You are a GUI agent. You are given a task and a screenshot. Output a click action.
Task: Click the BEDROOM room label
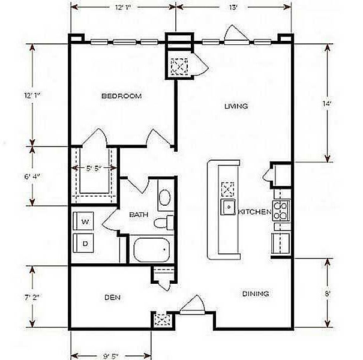[121, 96]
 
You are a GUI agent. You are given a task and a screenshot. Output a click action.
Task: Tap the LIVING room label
[236, 106]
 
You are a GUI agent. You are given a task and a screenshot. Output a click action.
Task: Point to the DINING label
[255, 294]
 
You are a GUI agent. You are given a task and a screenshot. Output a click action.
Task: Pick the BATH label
[139, 214]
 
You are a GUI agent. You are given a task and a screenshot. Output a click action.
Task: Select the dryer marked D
[85, 243]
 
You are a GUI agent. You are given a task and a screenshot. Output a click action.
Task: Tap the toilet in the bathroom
[163, 224]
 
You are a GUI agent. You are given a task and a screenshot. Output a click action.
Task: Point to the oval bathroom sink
[164, 198]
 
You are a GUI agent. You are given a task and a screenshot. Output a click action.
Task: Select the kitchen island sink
[228, 208]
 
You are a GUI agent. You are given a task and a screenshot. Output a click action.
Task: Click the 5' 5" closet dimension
[94, 169]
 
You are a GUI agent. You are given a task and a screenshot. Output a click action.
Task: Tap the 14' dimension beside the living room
[327, 103]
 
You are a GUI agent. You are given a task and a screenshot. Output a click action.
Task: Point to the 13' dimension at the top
[233, 7]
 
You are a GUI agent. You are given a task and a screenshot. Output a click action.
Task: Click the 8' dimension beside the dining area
[327, 295]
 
